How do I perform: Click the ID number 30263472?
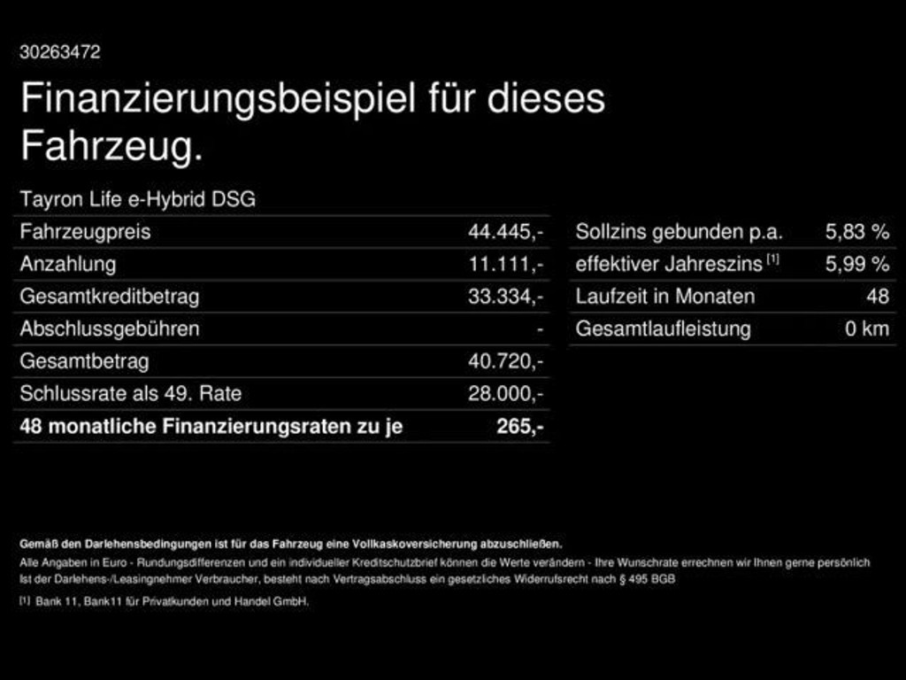coord(60,52)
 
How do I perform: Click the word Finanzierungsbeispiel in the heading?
coord(218,99)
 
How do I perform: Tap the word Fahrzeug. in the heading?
coord(112,146)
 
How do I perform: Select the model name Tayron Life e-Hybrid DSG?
coord(137,199)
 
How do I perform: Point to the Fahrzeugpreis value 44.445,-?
coord(505,232)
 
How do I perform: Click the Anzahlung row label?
coord(67,265)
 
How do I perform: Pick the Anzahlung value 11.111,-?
coord(505,264)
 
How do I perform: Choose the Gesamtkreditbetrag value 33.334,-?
coord(505,297)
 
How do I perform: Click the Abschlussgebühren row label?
coord(110,329)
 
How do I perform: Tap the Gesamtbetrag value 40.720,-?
coord(505,361)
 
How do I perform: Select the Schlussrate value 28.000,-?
coord(505,394)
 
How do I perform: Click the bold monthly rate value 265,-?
coord(520,426)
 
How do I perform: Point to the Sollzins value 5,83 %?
coord(856,232)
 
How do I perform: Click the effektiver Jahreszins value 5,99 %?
coord(856,264)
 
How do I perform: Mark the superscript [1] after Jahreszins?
coord(773,259)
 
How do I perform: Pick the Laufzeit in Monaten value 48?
coord(878,297)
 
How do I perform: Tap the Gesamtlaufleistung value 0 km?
coord(867,329)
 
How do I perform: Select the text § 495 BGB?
coord(647,579)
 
